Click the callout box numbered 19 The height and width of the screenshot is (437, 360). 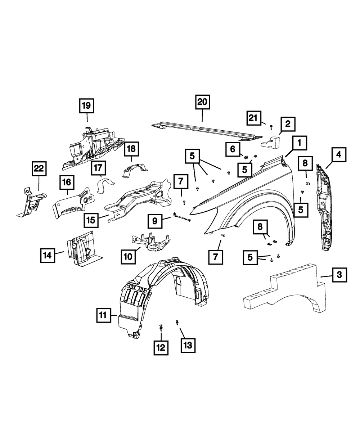click(87, 106)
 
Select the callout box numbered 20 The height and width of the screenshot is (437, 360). click(202, 102)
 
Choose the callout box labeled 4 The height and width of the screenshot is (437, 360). click(338, 156)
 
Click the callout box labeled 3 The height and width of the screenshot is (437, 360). click(339, 275)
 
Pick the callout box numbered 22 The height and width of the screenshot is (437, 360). click(39, 168)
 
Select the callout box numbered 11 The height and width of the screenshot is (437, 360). click(103, 316)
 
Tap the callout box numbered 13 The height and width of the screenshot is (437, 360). click(188, 346)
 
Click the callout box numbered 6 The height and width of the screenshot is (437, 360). click(233, 149)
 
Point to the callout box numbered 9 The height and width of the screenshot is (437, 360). click(155, 221)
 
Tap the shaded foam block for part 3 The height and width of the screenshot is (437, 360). click(284, 292)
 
